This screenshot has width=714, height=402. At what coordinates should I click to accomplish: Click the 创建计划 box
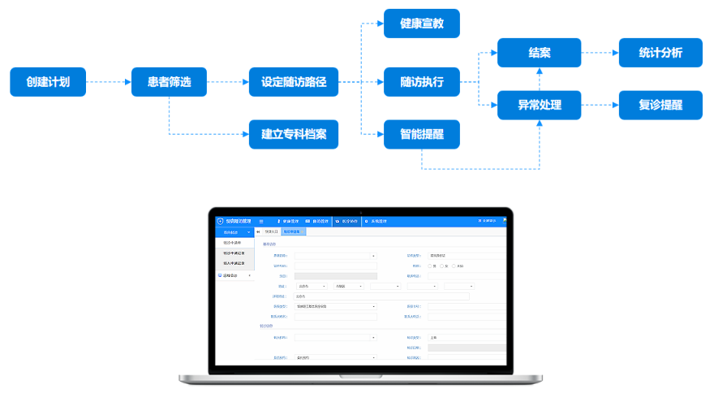(x=48, y=82)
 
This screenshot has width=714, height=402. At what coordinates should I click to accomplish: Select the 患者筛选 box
(x=169, y=82)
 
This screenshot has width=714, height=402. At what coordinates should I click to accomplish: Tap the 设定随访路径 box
(x=294, y=82)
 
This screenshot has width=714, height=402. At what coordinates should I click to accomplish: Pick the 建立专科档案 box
(x=294, y=134)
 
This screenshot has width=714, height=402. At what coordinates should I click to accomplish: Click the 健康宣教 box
(x=422, y=24)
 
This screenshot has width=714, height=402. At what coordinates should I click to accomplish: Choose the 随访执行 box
(x=422, y=82)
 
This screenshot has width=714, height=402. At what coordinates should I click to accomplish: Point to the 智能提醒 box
(x=422, y=134)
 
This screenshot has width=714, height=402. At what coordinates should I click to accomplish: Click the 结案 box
(x=540, y=53)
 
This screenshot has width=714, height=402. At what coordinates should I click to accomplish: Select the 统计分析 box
(x=660, y=53)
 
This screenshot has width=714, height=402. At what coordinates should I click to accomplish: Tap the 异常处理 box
(x=540, y=105)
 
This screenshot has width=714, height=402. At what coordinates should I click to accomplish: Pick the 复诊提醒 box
(x=660, y=105)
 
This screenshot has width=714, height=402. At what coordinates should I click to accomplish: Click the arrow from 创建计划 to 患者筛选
(x=109, y=82)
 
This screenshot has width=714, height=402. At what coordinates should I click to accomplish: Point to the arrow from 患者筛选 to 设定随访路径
(x=228, y=82)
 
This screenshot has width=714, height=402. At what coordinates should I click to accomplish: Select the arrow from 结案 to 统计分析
(x=600, y=53)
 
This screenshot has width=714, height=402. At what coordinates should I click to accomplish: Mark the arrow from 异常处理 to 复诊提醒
(x=600, y=105)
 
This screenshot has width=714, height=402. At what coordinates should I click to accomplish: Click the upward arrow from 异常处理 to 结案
(x=540, y=79)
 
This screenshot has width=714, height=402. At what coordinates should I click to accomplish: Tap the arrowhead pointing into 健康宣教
(x=379, y=24)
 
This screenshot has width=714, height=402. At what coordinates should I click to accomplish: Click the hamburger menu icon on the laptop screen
(x=260, y=221)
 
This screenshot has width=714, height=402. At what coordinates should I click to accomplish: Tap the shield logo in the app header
(x=220, y=221)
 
